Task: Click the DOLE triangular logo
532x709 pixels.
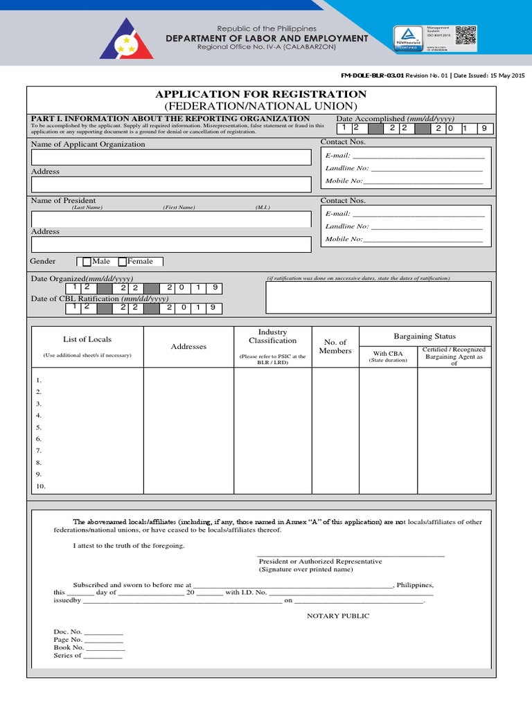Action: pos(126,39)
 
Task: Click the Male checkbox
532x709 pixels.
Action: pos(87,262)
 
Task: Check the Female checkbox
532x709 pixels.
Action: pos(123,262)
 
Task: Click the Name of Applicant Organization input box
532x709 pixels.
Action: pos(171,157)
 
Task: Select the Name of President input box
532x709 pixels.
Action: pos(171,219)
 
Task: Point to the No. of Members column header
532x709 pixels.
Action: pos(335,346)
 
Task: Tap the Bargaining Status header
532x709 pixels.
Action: pos(425,336)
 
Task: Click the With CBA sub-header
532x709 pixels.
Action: pos(387,357)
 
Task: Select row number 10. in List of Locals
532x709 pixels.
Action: pos(40,486)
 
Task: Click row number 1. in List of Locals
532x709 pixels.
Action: pos(39,380)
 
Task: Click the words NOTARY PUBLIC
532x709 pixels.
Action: pos(338,616)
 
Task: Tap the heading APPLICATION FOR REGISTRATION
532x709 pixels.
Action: pos(260,94)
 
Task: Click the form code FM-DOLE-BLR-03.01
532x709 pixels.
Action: pos(373,75)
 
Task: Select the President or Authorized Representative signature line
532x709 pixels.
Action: pos(351,555)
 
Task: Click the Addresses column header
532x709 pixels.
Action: pos(188,346)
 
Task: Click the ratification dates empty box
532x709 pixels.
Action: pos(378,298)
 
